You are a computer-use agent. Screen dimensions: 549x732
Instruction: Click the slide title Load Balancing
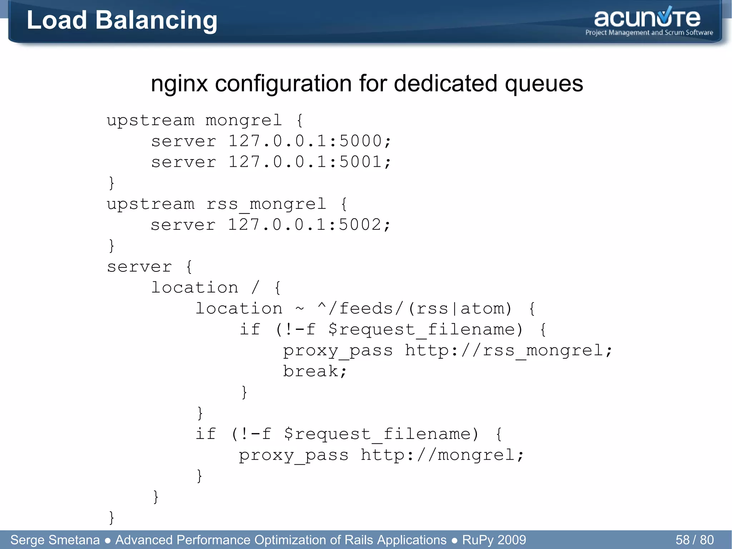(122, 20)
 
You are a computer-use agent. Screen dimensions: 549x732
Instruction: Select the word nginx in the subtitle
(179, 84)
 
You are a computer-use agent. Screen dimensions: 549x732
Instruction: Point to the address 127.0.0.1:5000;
(310, 141)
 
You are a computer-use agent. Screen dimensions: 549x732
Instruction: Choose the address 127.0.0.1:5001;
(310, 162)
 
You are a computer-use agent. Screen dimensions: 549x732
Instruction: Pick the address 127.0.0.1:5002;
(309, 225)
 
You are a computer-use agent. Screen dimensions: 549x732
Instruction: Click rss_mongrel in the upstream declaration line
(266, 204)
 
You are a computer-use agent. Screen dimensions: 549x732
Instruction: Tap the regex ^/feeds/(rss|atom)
(415, 308)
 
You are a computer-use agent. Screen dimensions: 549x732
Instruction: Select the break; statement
(315, 371)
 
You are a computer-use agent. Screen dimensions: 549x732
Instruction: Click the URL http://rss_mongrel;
(508, 351)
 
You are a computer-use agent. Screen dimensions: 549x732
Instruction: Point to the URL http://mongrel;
(442, 455)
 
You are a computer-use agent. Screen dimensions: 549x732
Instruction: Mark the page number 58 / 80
(694, 540)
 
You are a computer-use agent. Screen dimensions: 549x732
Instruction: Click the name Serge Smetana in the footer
(55, 540)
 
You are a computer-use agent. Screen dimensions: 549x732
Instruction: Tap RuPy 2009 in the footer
(494, 540)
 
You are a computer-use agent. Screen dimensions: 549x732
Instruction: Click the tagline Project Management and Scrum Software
(649, 33)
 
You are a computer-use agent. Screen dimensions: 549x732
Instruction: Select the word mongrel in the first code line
(244, 120)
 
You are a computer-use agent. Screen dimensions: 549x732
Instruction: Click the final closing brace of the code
(112, 518)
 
